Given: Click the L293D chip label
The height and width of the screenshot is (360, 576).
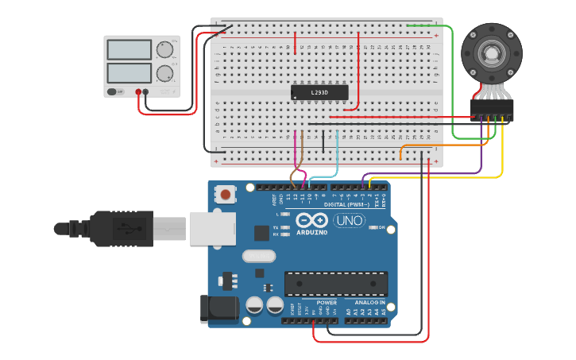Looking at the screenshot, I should click(x=319, y=93).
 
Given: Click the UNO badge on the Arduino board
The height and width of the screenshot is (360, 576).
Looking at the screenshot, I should click(x=349, y=220).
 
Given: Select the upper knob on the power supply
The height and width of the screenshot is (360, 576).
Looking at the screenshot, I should click(x=164, y=49).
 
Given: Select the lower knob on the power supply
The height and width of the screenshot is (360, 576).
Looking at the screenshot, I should click(x=164, y=74).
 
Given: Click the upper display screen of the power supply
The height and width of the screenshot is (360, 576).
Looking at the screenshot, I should click(x=128, y=49).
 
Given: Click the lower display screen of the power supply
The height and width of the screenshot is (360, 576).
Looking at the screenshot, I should click(x=128, y=74).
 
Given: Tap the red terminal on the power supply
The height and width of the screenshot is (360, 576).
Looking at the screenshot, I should click(x=138, y=92).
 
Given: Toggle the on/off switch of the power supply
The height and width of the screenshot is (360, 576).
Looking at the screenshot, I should click(x=115, y=92).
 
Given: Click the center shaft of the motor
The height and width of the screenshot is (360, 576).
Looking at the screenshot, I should click(x=492, y=55).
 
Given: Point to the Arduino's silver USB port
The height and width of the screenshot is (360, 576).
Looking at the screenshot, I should click(x=212, y=228).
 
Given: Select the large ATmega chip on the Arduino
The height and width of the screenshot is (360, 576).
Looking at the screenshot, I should click(x=336, y=284).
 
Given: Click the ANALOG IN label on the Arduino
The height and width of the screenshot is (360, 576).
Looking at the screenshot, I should click(x=369, y=303).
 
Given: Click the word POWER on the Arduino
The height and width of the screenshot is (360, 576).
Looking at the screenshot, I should click(x=326, y=303).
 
